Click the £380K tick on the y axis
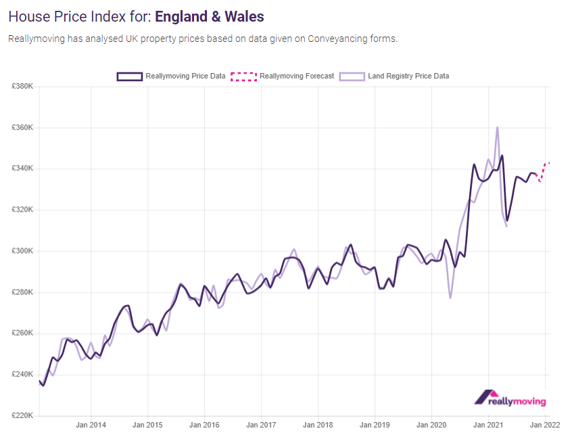pos(22,87)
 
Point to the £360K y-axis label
pos(22,128)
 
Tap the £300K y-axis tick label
pos(22,251)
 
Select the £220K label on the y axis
pos(22,415)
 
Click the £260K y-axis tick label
pos(22,333)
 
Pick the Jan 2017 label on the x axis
pos(261,425)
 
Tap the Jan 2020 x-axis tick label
pos(432,425)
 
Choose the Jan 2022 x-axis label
pos(544,425)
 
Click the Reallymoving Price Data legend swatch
pos(129,76)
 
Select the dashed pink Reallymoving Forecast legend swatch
pos(243,76)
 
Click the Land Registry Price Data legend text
pos(408,76)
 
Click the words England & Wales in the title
pos(210,16)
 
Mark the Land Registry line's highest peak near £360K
pos(498,127)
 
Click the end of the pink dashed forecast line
pos(549,162)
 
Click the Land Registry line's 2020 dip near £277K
pos(450,298)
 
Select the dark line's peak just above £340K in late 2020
pos(474,164)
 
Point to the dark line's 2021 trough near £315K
pos(507,220)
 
